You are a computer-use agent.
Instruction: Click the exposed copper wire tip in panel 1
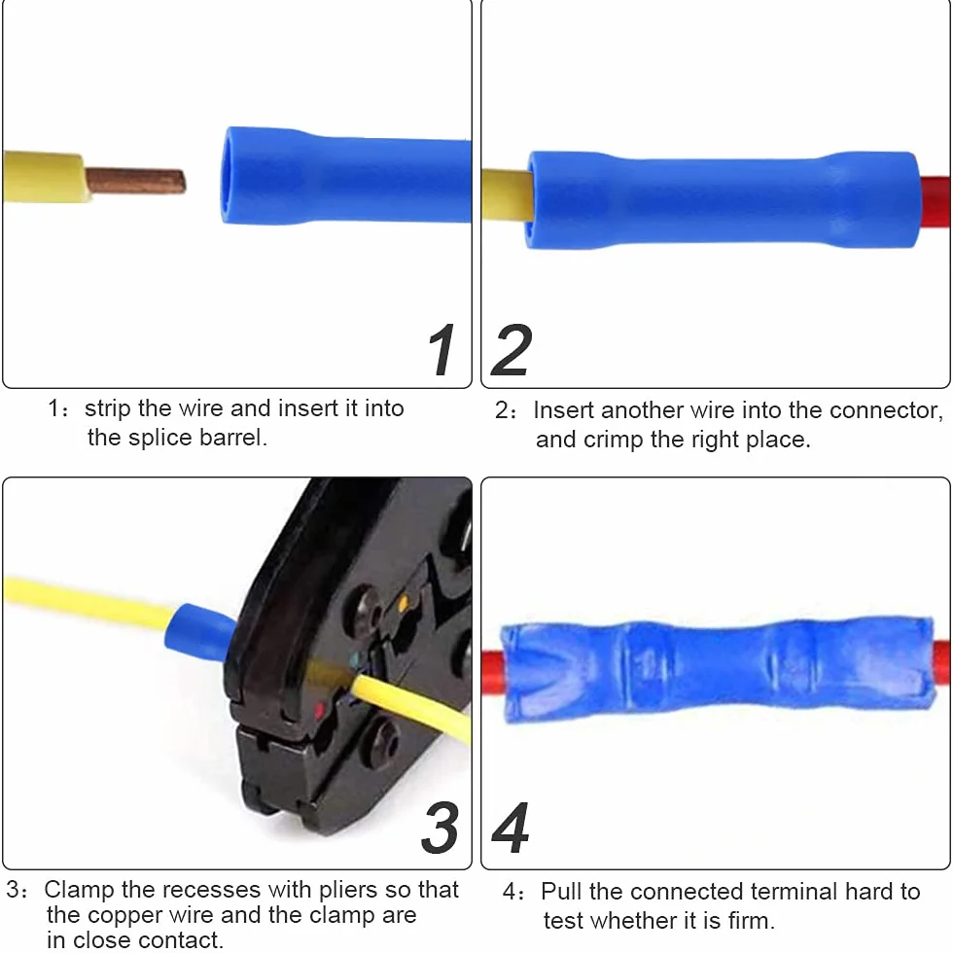pyautogui.click(x=135, y=181)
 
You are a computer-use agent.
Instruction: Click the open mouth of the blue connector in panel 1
pyautogui.click(x=228, y=176)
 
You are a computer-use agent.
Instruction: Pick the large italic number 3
pyautogui.click(x=440, y=828)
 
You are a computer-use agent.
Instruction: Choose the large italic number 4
pyautogui.click(x=511, y=828)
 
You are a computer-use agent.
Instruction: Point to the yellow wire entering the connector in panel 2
pyautogui.click(x=507, y=195)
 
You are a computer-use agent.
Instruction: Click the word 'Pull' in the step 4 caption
pyautogui.click(x=561, y=892)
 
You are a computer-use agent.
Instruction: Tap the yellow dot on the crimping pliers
pyautogui.click(x=403, y=604)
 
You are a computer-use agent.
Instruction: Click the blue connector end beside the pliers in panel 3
pyautogui.click(x=198, y=632)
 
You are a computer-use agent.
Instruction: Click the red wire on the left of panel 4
pyautogui.click(x=492, y=673)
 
